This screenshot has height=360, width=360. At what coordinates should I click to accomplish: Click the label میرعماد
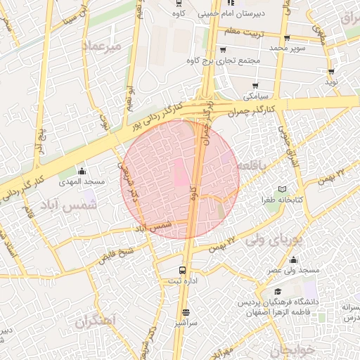[x=102, y=45]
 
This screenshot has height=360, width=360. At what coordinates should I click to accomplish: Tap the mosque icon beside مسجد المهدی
[x=82, y=171]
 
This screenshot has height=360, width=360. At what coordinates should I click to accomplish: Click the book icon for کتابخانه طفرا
[x=283, y=190]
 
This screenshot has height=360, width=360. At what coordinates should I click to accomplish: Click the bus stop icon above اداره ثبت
[x=183, y=270]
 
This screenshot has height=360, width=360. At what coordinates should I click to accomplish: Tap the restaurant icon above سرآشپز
[x=186, y=313]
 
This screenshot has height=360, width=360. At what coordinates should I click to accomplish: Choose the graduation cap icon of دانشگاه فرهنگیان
[x=278, y=291]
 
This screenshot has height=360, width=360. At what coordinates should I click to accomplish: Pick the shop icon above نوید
[x=330, y=72]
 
